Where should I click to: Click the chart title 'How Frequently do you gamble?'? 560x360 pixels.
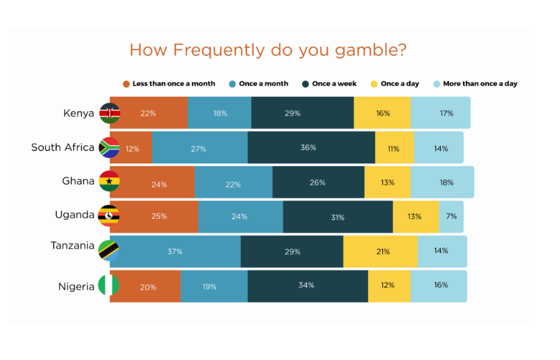[268, 50]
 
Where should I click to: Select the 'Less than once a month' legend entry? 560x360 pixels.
[169, 84]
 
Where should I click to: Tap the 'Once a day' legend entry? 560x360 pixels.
[394, 84]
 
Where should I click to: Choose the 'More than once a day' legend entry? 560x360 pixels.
[475, 84]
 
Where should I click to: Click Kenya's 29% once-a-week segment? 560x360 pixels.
[302, 112]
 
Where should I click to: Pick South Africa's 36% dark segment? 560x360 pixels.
[312, 147]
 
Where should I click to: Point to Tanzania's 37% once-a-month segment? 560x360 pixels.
[175, 252]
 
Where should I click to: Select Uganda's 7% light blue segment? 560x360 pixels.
[452, 217]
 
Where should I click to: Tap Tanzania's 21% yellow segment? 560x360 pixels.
[380, 252]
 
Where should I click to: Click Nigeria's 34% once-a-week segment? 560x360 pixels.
[308, 287]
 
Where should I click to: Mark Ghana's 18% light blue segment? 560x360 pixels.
[442, 182]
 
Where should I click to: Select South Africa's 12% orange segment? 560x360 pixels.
[131, 147]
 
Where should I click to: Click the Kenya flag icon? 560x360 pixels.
[109, 113]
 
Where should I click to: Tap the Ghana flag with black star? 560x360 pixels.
[109, 181]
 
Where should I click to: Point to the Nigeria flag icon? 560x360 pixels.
[108, 285]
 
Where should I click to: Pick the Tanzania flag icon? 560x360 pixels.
[108, 250]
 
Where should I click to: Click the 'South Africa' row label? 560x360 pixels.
[63, 147]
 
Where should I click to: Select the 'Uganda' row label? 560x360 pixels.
[75, 215]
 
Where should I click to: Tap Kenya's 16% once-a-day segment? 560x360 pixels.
[382, 112]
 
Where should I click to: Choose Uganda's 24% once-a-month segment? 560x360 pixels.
[241, 217]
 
